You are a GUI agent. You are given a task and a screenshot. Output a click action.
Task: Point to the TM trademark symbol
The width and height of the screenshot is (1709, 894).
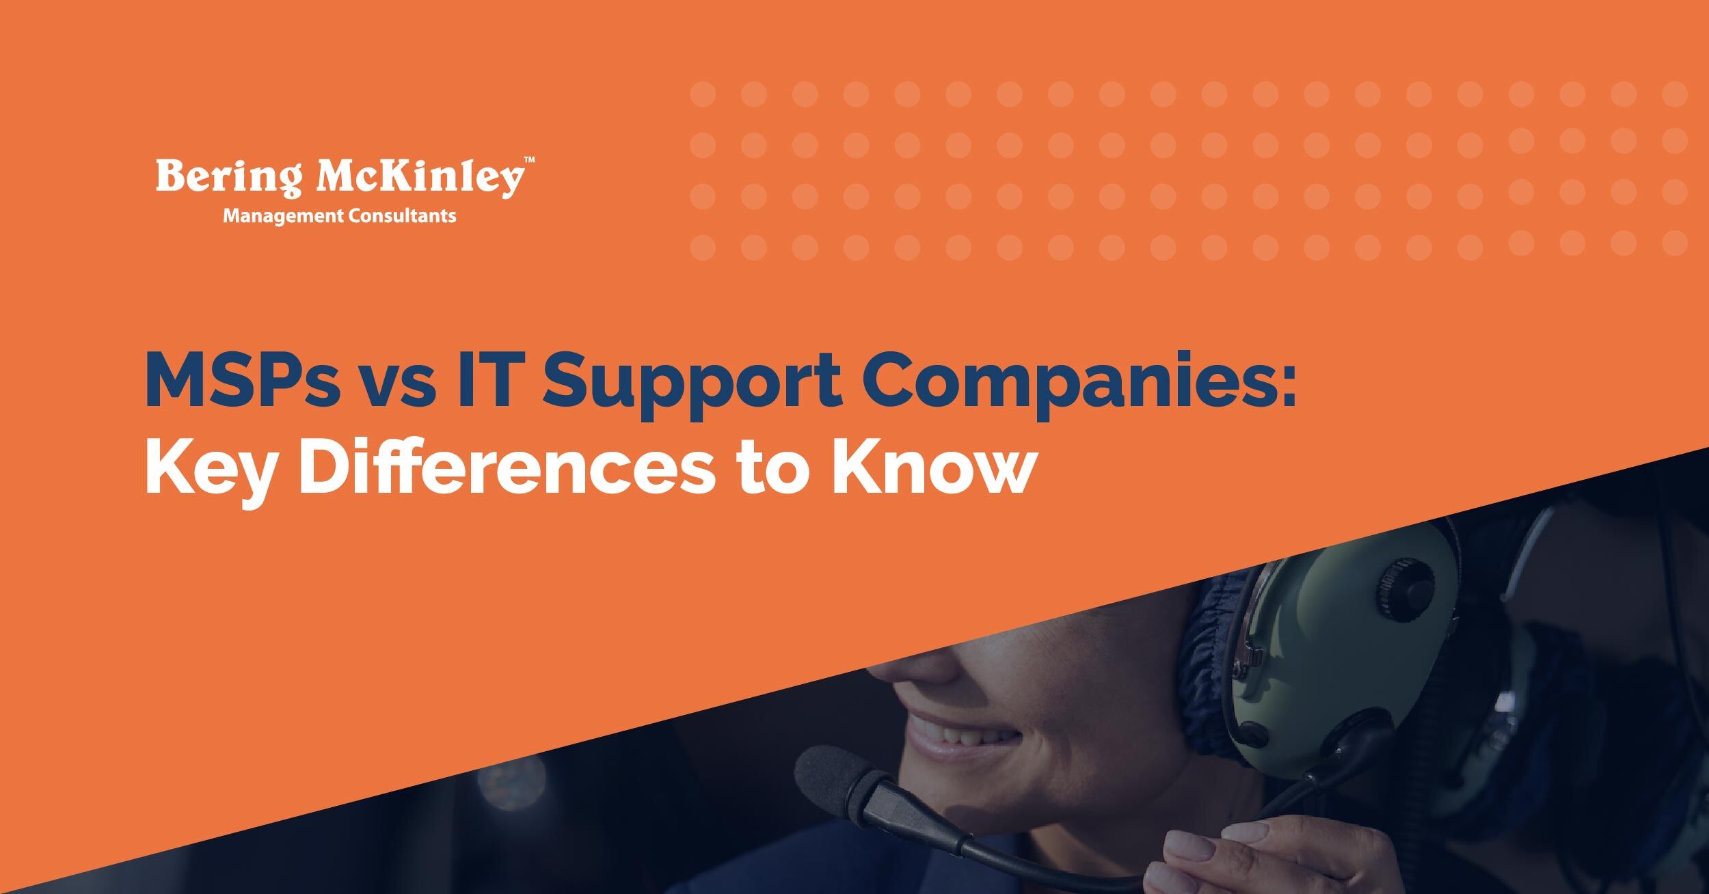[529, 161]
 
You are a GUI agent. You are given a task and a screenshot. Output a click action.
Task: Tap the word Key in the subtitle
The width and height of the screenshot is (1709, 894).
[208, 472]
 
